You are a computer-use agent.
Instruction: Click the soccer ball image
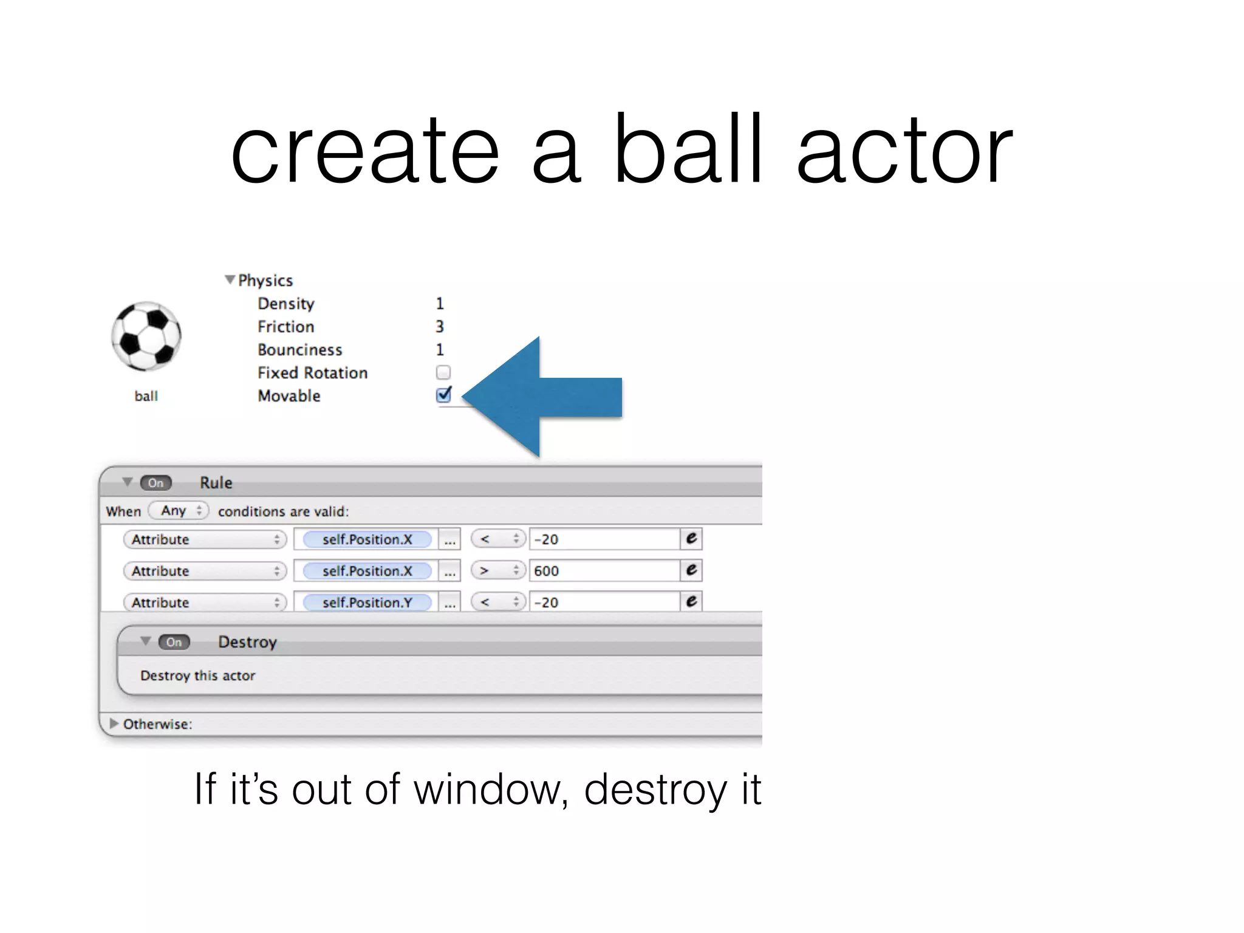tap(146, 336)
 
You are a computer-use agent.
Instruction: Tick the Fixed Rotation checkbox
tap(443, 372)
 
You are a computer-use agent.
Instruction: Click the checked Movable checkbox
tap(443, 395)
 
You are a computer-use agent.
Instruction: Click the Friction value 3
tap(440, 327)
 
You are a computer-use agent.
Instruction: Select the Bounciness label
tap(299, 350)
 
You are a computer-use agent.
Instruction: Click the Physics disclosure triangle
tap(230, 280)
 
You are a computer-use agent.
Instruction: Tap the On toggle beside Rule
tap(156, 483)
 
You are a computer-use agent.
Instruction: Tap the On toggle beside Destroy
tap(174, 642)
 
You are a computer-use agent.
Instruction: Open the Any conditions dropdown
tap(179, 511)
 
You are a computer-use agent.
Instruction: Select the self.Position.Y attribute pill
tap(367, 603)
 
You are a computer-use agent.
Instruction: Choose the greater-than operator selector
tap(497, 571)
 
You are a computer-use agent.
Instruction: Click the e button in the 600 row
tap(691, 570)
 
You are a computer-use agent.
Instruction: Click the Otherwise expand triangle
tap(114, 723)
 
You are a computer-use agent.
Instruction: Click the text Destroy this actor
tap(197, 675)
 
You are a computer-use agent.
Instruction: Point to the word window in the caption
tap(490, 790)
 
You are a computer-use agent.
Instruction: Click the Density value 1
tap(440, 304)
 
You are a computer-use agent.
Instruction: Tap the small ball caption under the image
tap(146, 396)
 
